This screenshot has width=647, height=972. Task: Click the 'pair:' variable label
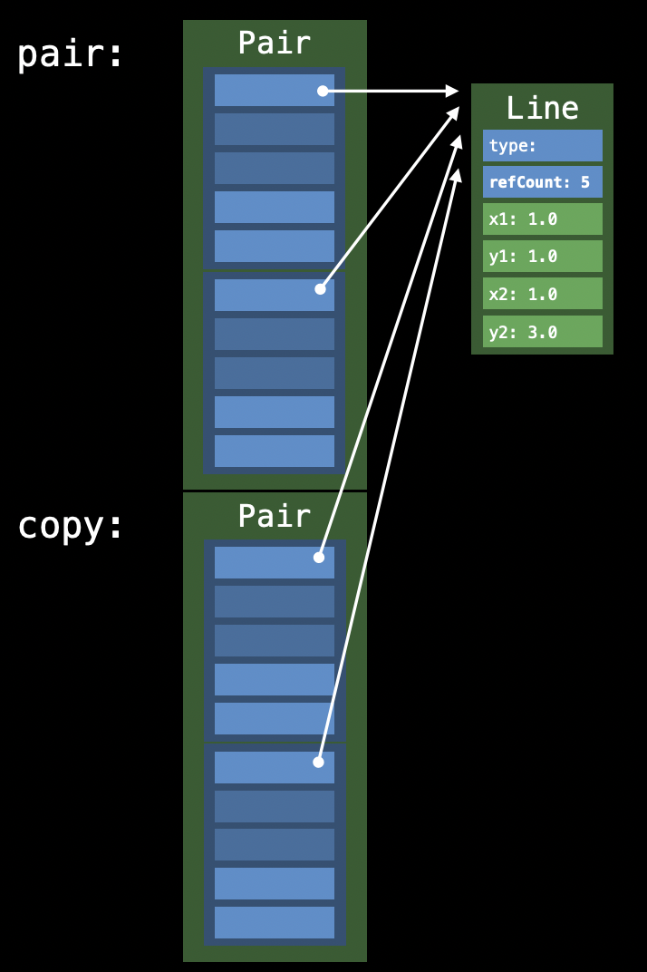coord(70,54)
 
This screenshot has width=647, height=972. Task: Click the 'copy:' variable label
coord(70,526)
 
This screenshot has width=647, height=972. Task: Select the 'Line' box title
coord(542,108)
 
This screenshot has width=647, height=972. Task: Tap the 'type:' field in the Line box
coord(542,145)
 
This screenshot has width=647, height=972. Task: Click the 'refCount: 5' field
coord(542,182)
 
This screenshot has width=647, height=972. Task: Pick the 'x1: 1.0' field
coord(542,219)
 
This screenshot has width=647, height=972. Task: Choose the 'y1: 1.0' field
coord(542,256)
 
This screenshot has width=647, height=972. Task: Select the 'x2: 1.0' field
coord(542,294)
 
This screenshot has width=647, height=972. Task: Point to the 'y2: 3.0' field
coord(542,332)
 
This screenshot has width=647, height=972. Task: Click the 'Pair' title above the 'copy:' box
coord(274,516)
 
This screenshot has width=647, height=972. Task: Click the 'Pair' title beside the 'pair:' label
coord(274,43)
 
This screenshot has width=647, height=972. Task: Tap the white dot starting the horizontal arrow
coord(323,91)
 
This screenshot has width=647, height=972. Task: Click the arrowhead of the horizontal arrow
coord(453,91)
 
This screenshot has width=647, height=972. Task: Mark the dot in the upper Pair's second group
coord(320,289)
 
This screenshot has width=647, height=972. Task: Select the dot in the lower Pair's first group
coord(319,558)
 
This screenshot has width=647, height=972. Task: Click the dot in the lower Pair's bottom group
coord(318,763)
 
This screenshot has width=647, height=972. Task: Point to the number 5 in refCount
coord(585,182)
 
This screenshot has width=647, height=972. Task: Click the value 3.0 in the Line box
coord(542,332)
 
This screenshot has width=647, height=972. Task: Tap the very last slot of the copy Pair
coord(274,922)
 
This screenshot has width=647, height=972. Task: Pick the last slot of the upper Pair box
coord(274,451)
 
